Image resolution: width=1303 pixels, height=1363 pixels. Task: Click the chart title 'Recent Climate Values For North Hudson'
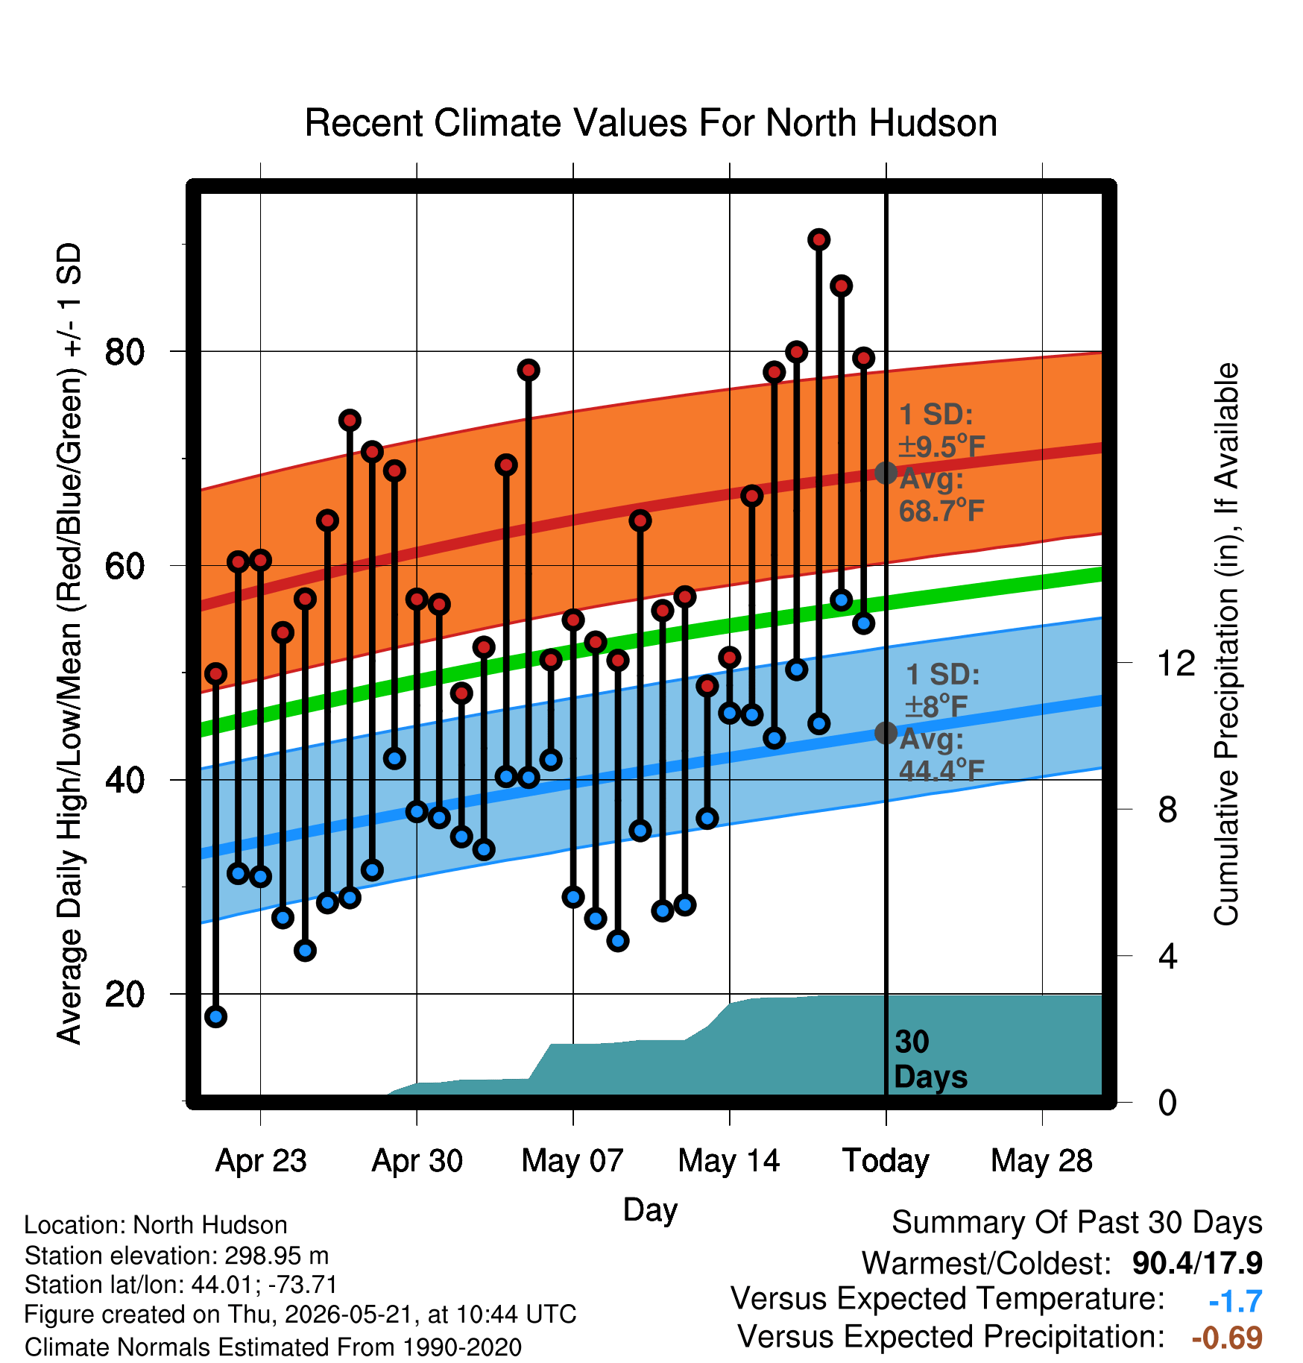[651, 123]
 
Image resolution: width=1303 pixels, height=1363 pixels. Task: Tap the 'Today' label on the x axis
[886, 1161]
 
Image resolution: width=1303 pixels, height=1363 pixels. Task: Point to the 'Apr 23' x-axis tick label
[261, 1161]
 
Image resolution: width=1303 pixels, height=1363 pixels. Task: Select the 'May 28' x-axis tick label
[1042, 1161]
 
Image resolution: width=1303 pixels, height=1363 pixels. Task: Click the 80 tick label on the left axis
[124, 351]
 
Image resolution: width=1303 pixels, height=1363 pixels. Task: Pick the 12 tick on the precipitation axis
[1176, 663]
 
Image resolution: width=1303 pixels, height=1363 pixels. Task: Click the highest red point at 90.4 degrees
[819, 239]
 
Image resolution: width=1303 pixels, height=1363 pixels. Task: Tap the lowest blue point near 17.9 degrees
[215, 1016]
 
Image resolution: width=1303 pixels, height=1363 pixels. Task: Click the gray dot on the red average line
[886, 473]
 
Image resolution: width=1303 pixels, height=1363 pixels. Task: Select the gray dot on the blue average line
[886, 733]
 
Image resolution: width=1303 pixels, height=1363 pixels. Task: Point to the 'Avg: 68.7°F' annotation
[941, 495]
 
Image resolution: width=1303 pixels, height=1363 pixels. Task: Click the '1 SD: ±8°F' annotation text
[942, 690]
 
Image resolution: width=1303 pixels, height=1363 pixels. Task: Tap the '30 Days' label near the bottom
[930, 1060]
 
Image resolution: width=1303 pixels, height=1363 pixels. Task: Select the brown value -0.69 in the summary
[1227, 1338]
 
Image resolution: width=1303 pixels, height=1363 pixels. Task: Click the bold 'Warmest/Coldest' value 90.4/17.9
[1197, 1263]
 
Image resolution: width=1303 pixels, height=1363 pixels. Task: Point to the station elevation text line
[177, 1256]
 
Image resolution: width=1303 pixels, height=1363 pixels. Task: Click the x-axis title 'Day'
[650, 1211]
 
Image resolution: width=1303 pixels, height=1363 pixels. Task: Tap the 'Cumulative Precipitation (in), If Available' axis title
[1226, 644]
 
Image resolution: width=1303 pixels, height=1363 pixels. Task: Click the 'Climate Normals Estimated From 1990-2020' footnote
[273, 1347]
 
